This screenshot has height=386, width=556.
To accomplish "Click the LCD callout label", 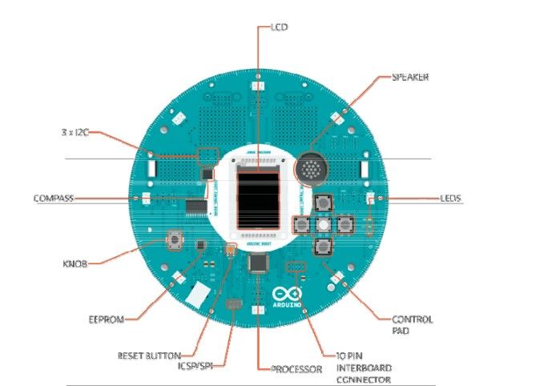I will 279,27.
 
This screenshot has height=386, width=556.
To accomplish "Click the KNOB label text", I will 75,262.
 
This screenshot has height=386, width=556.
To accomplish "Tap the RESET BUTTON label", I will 150,354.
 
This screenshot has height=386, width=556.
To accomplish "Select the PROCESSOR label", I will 296,369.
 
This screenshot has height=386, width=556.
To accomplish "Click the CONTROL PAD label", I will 412,324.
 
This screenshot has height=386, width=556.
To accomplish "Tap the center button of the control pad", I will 324,223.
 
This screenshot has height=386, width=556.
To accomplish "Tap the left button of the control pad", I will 303,224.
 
